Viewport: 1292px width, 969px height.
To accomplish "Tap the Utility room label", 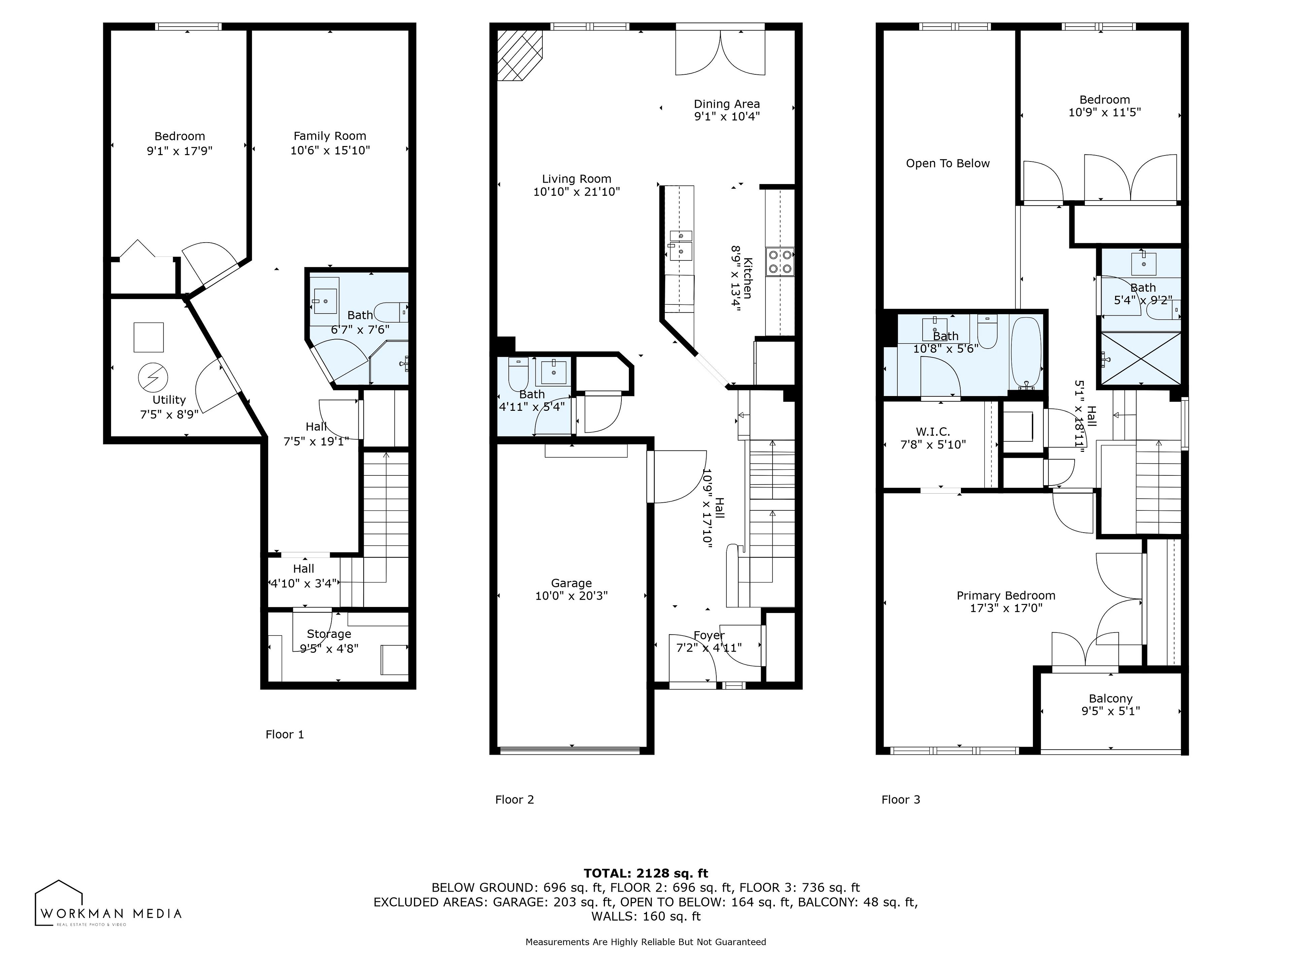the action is point(169,400).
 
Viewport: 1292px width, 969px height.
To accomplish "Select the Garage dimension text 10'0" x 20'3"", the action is point(571,596).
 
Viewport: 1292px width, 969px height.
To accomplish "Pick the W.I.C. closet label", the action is point(933,432).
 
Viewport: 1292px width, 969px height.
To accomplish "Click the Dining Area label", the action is point(727,104).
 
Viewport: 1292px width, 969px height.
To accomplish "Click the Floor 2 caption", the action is point(514,800).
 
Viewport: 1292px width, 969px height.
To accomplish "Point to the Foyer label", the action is point(709,636).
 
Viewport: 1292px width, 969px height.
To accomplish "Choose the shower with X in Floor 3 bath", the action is point(1141,358).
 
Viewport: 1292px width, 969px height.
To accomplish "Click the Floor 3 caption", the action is point(901,800).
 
